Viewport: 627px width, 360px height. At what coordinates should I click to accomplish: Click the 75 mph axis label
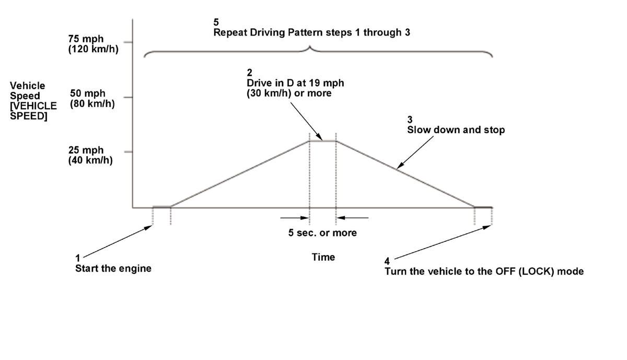(86, 39)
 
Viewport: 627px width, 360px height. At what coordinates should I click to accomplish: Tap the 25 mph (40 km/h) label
(90, 155)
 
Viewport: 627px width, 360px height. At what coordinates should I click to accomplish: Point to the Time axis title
(323, 257)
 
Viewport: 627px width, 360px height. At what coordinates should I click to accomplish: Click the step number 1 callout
(78, 258)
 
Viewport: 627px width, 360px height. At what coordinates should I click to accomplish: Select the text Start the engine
(113, 269)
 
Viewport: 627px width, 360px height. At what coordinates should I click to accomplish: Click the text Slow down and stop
(456, 130)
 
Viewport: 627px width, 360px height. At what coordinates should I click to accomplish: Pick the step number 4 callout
(387, 261)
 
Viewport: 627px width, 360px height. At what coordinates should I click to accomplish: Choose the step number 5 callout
(216, 22)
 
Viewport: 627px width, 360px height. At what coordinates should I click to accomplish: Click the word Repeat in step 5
(230, 32)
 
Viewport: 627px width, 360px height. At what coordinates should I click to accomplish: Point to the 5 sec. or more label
(322, 233)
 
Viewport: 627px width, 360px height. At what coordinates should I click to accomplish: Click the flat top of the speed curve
(322, 141)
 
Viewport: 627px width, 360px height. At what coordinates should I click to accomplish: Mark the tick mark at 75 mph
(128, 42)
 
